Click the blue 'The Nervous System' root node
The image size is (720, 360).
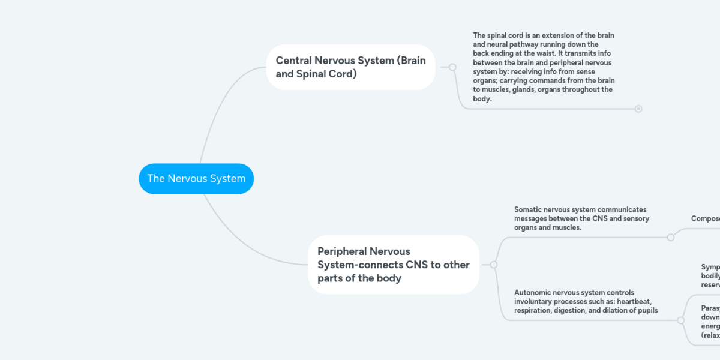196,179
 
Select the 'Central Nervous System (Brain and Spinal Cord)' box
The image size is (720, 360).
350,67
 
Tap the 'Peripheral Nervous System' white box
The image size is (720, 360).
394,265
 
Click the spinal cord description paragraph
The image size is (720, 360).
543,67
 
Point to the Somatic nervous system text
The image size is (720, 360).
581,218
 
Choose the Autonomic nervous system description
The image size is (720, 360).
586,301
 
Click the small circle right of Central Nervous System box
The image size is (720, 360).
452,67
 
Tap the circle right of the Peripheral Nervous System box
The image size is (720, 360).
493,265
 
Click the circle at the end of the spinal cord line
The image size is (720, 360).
638,109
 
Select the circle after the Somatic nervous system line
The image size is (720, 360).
671,237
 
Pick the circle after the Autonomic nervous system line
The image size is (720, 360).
680,320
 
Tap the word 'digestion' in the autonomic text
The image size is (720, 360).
575,310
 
